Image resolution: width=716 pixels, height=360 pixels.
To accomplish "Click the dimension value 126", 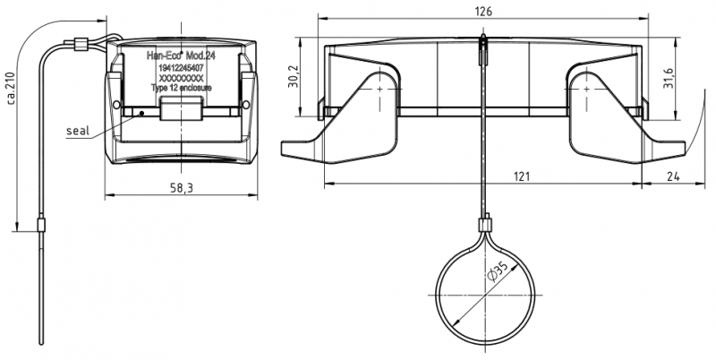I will click(484, 11).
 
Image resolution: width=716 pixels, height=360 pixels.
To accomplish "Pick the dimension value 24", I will click(673, 176).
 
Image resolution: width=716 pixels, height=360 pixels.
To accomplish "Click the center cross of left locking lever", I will click(380, 91).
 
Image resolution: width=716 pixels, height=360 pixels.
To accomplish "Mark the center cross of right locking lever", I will click(587, 91).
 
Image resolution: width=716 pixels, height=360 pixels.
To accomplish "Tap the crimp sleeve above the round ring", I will click(489, 222).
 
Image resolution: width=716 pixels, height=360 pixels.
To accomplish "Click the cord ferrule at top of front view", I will click(80, 42).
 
